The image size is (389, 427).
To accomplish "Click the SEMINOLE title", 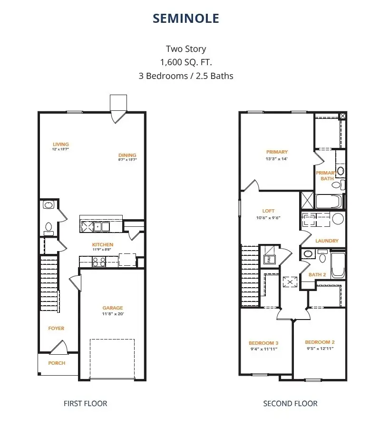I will pos(185,18).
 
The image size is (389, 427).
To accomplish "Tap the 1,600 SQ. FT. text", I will pos(185,62).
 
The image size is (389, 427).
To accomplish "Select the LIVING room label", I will pos(61,145).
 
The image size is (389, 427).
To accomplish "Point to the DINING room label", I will pos(127,155).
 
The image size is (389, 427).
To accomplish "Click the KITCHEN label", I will pos(102,245).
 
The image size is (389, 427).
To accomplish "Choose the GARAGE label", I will pos(113,308).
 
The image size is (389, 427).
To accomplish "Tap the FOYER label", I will pos(56,329).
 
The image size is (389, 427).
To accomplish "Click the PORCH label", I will pos(57,363).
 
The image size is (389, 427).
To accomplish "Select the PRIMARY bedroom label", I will pos(277,152).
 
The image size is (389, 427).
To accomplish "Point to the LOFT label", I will pos(268,211).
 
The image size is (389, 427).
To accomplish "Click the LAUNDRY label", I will pos(327,241).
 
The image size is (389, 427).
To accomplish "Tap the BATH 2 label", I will pos(317,275).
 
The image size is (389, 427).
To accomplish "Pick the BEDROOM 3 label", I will pos(263,343).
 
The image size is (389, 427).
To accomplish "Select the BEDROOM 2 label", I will pos(320,342).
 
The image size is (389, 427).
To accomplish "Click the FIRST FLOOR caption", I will pos(85,404).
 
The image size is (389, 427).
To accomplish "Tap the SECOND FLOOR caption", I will pos(290,404).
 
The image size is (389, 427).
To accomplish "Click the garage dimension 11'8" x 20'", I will pos(113,314).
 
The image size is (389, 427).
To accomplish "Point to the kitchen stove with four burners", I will pos(98,261).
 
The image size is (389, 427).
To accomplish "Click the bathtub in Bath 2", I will pos(338,265).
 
